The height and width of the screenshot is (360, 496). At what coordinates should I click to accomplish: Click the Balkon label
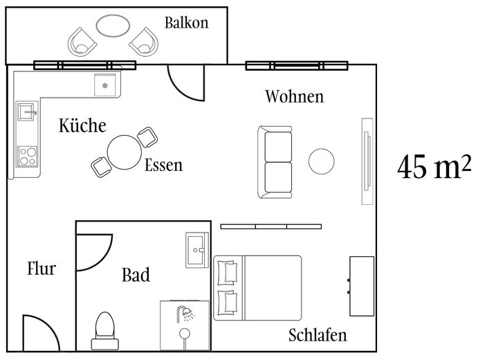[186, 23]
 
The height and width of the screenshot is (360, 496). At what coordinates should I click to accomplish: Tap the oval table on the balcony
[112, 26]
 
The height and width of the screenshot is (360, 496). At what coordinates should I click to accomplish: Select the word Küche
[82, 126]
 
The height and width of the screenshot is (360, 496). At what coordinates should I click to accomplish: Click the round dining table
[124, 151]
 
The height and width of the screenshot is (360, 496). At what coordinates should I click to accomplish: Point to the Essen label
[163, 165]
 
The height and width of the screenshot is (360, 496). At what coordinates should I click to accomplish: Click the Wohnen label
[294, 96]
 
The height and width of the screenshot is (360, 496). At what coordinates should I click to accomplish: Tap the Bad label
[136, 276]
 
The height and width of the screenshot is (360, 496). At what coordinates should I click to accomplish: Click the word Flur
[41, 269]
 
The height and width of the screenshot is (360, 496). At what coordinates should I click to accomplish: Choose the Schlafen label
[317, 336]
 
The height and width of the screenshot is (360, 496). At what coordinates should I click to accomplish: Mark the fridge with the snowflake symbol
[106, 84]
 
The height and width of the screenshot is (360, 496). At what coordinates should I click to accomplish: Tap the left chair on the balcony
[82, 42]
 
